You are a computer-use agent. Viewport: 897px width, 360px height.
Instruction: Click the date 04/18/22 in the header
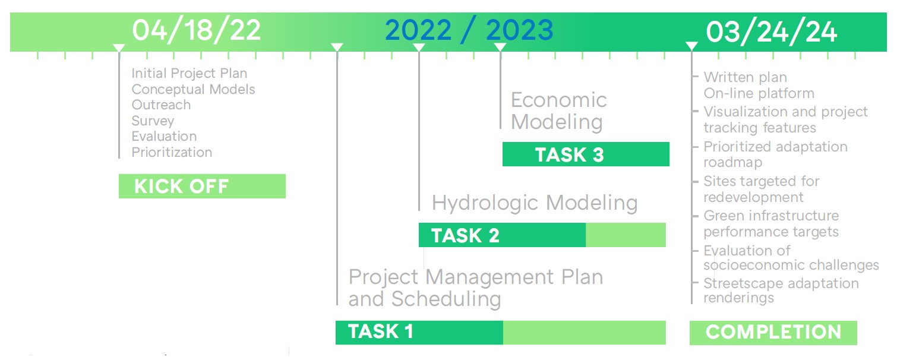(196, 30)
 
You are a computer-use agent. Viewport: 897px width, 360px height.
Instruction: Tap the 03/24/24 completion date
(771, 31)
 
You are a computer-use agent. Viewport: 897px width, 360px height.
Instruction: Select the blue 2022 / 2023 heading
(469, 30)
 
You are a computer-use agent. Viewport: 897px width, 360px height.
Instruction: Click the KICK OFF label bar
(202, 186)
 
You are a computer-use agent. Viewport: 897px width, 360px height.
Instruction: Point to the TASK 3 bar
(586, 154)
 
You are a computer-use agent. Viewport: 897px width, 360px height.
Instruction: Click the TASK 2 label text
(465, 235)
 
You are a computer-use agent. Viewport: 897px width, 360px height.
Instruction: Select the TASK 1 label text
(380, 331)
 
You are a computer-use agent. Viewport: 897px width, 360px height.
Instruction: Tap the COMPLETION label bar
(773, 332)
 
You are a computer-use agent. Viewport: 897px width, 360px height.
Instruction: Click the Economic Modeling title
(558, 110)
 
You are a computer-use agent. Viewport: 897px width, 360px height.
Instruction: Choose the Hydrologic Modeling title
(535, 203)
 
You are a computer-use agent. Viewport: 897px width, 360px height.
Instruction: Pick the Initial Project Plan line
(189, 74)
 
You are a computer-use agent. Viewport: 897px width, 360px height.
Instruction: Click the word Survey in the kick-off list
(153, 121)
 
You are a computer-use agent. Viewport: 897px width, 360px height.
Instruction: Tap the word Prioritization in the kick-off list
(172, 152)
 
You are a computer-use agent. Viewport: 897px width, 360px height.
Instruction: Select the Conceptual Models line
(193, 89)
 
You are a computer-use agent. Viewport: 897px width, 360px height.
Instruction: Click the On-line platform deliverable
(759, 93)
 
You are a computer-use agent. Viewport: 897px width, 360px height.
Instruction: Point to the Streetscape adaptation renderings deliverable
(781, 290)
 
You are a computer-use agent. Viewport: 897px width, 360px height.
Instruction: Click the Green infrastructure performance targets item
(771, 223)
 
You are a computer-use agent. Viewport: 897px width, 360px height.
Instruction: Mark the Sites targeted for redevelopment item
(761, 189)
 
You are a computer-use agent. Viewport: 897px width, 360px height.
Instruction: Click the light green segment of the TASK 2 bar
(626, 235)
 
